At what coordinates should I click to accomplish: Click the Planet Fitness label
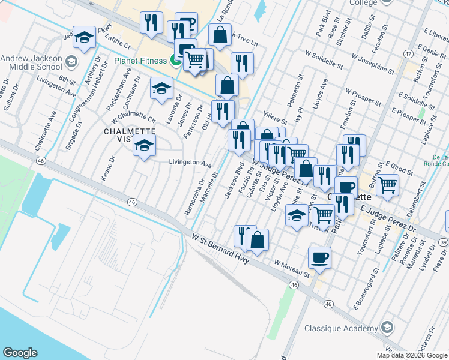142,61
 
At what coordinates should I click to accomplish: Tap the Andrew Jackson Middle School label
31,62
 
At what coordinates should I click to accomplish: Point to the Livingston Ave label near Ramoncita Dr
190,163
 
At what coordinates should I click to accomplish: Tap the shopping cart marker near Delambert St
388,185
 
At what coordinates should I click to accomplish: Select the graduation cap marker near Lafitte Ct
84,37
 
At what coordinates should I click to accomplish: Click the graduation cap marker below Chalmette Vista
144,145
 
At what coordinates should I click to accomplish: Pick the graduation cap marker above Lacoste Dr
161,89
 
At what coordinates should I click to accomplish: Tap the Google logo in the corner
20,353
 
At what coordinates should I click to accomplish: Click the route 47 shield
408,54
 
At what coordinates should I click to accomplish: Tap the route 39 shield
443,241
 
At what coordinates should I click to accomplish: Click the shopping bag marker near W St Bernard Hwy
257,240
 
